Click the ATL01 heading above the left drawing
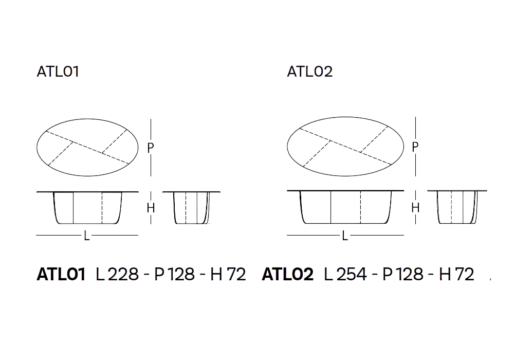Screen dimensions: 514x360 58,71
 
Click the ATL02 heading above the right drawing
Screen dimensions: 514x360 310,71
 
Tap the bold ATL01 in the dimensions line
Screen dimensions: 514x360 61,274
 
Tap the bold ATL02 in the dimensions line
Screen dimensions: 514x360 287,274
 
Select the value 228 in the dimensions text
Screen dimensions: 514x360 123,274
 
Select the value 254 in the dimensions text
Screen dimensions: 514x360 352,274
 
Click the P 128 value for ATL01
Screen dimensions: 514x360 174,274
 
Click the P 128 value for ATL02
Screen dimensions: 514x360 403,274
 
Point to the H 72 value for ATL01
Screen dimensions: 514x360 228,274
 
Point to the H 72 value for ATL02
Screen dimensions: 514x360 456,274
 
